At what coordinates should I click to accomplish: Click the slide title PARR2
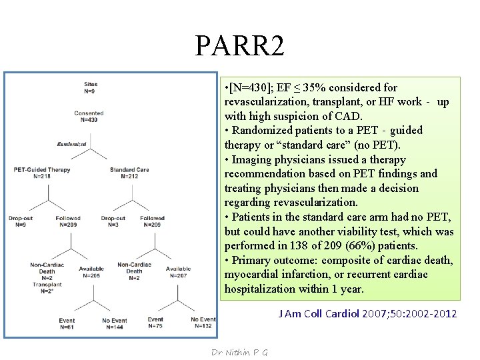coord(240,45)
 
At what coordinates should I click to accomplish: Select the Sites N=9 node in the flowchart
coord(91,87)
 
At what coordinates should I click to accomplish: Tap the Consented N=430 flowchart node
coord(89,117)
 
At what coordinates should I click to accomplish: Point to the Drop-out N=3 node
coord(113,221)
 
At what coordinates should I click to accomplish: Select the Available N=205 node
coord(91,272)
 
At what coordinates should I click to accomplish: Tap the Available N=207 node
coord(177,272)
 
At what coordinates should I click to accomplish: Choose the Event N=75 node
coord(155,323)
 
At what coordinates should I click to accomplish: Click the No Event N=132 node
coord(203,323)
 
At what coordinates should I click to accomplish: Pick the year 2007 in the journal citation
coord(375,313)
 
